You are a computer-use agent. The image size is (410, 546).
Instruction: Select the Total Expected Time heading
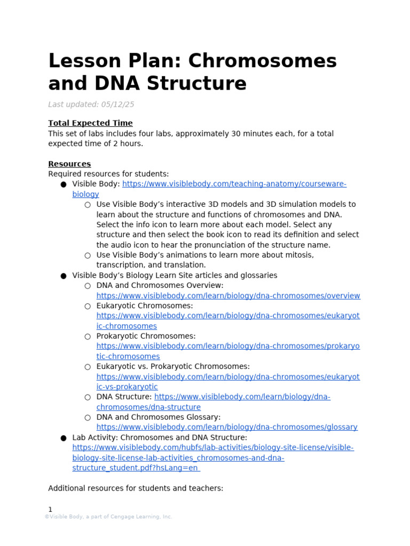coord(90,123)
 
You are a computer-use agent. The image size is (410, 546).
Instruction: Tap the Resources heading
coord(69,164)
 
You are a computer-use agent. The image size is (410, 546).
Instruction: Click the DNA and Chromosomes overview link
coord(228,296)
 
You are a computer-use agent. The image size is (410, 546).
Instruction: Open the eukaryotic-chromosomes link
coord(228,316)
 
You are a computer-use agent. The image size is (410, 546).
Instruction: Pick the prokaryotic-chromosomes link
coord(228,347)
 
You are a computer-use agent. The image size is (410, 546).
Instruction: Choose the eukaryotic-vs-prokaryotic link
coord(228,377)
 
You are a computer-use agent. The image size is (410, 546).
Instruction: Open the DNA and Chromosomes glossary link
coord(227,428)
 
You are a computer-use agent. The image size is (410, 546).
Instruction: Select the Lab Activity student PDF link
coord(212,448)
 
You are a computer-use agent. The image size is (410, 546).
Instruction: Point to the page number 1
coord(50,510)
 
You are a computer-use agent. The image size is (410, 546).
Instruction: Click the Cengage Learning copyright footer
coord(108,517)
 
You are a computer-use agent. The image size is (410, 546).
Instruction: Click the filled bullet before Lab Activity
coord(63,438)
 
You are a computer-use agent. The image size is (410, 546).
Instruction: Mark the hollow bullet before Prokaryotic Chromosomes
coord(88,337)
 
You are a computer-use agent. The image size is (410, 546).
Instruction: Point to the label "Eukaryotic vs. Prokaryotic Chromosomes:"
coord(173,367)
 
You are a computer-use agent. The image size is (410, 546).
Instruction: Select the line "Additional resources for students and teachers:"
coord(136,488)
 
